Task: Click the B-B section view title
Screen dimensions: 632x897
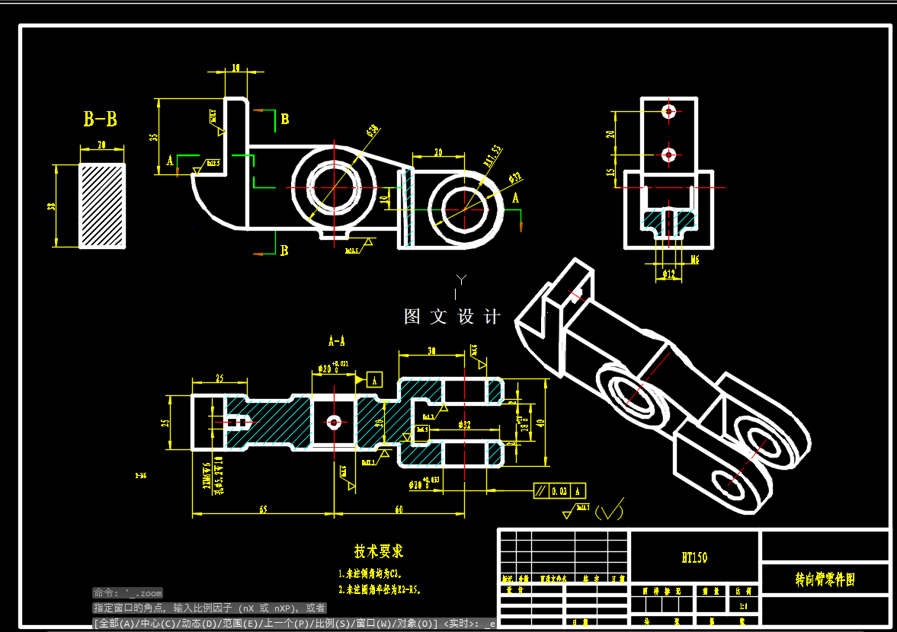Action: pyautogui.click(x=100, y=120)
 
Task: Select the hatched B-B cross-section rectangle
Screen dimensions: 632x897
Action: pyautogui.click(x=102, y=205)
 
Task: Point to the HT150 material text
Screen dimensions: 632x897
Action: pyautogui.click(x=694, y=557)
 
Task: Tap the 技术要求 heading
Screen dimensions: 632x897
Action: pyautogui.click(x=379, y=551)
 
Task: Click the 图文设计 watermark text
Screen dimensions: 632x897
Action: pyautogui.click(x=452, y=317)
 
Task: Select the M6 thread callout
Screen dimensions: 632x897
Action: pyautogui.click(x=694, y=260)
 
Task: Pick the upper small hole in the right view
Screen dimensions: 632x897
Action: pyautogui.click(x=669, y=111)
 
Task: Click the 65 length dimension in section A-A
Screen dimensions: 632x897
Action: pyautogui.click(x=262, y=509)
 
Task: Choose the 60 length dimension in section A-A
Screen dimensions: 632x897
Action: pyautogui.click(x=398, y=509)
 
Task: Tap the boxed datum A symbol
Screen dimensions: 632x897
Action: pyautogui.click(x=374, y=379)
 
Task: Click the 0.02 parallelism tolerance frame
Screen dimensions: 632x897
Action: pyautogui.click(x=559, y=491)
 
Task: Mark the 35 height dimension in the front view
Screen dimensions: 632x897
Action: pyautogui.click(x=154, y=137)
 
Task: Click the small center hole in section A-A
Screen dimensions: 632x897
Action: pyautogui.click(x=333, y=421)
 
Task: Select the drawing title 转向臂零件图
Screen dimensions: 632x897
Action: pyautogui.click(x=825, y=580)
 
